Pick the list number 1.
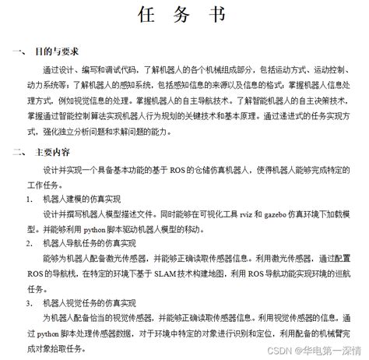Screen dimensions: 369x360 click(x=29, y=199)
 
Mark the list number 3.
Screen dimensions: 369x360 click(x=29, y=303)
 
